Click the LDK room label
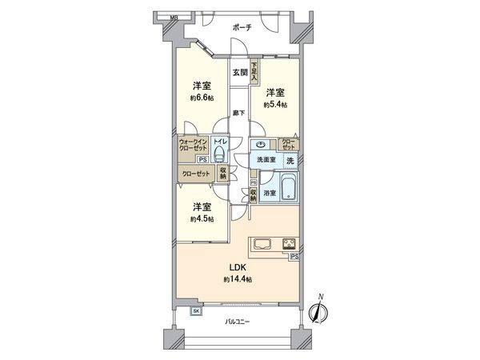pyautogui.click(x=238, y=266)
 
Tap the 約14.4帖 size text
pyautogui.click(x=238, y=279)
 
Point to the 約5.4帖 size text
pyautogui.click(x=276, y=105)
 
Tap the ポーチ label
pyautogui.click(x=242, y=27)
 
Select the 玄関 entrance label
pyautogui.click(x=239, y=73)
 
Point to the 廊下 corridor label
pyautogui.click(x=238, y=112)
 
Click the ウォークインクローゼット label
pyautogui.click(x=195, y=148)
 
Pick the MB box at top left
pyautogui.click(x=173, y=16)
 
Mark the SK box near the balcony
pyautogui.click(x=196, y=311)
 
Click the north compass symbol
pyautogui.click(x=321, y=313)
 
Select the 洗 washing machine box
pyautogui.click(x=290, y=161)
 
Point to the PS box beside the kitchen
pyautogui.click(x=294, y=256)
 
